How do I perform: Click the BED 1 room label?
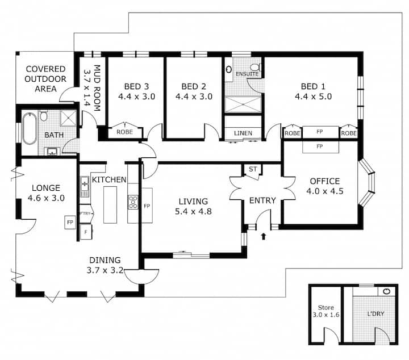(313, 86)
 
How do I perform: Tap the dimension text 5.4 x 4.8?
(193, 211)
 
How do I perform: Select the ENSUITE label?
(247, 74)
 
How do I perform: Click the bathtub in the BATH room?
(29, 128)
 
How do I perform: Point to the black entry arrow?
(264, 236)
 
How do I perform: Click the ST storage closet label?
(253, 169)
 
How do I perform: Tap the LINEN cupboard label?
(243, 133)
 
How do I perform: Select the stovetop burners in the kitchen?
(133, 202)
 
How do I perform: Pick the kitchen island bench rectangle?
(110, 205)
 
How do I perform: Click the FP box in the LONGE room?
(70, 223)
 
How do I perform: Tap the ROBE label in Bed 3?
(124, 132)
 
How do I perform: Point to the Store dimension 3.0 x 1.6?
(326, 315)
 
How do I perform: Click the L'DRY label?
(376, 313)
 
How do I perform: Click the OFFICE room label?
(325, 181)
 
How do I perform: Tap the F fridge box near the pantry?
(86, 232)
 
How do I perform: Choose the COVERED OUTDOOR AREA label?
(45, 79)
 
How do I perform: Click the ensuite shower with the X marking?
(243, 104)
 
